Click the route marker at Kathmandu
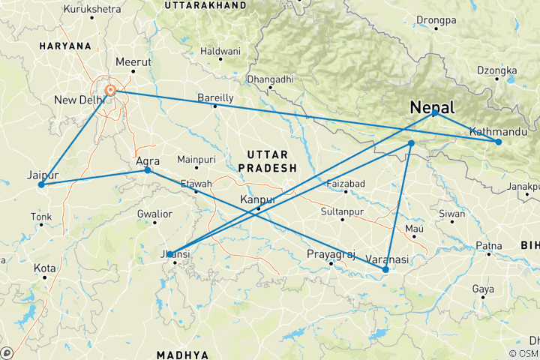click(498, 142)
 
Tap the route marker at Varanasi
click(385, 269)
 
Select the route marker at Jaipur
click(41, 184)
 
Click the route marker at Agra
click(148, 170)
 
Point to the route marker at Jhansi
click(170, 254)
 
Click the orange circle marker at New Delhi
click(110, 91)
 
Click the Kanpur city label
click(257, 199)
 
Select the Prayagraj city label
click(331, 254)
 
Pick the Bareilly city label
click(215, 97)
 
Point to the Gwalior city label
click(154, 214)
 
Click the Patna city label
click(488, 245)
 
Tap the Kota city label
click(44, 268)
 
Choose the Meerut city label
click(132, 62)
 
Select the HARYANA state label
click(65, 46)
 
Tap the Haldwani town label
click(220, 52)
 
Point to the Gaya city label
click(482, 289)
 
